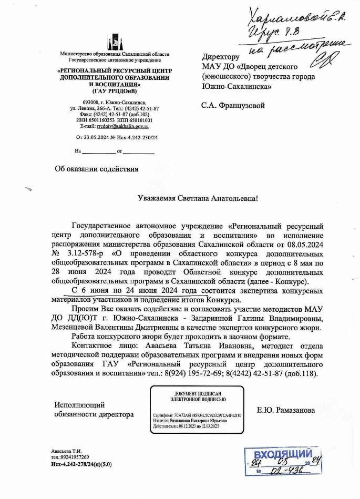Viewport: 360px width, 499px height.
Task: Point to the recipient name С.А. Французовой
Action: click(233, 105)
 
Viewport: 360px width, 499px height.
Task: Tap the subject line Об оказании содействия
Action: click(97, 169)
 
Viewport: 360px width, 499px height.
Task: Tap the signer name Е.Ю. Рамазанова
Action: click(286, 410)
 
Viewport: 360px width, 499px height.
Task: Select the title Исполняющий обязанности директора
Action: click(94, 410)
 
